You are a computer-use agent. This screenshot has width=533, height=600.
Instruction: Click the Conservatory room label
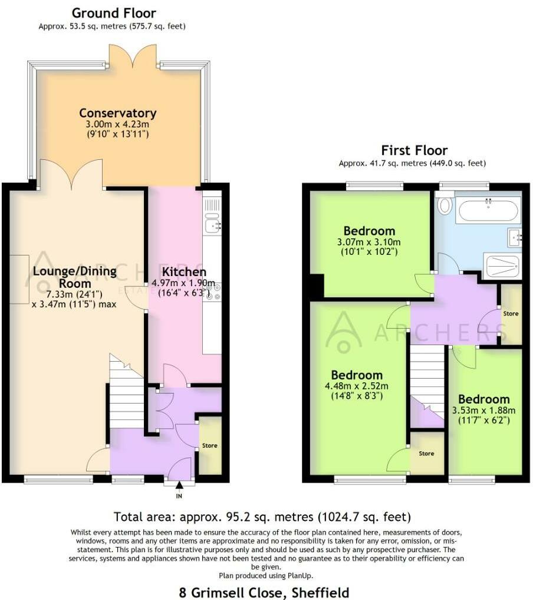118,113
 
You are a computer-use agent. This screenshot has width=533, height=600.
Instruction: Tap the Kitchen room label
184,272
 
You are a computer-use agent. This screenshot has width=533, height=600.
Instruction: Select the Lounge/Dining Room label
75,277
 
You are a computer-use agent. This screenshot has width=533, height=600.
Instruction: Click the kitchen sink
213,226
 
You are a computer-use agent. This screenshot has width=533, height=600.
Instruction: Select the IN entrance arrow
179,486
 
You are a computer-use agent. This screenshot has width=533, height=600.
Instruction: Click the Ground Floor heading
114,13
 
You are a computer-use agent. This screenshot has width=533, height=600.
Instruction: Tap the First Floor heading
414,150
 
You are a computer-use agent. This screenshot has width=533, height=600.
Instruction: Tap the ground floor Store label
209,445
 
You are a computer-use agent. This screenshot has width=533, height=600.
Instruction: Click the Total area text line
262,517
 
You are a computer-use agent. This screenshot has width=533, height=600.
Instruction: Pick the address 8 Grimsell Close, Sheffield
264,592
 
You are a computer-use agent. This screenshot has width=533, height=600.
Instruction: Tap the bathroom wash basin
514,238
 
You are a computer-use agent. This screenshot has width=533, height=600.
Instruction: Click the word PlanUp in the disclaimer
300,575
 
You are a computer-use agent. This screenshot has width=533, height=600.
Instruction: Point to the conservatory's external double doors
133,56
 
